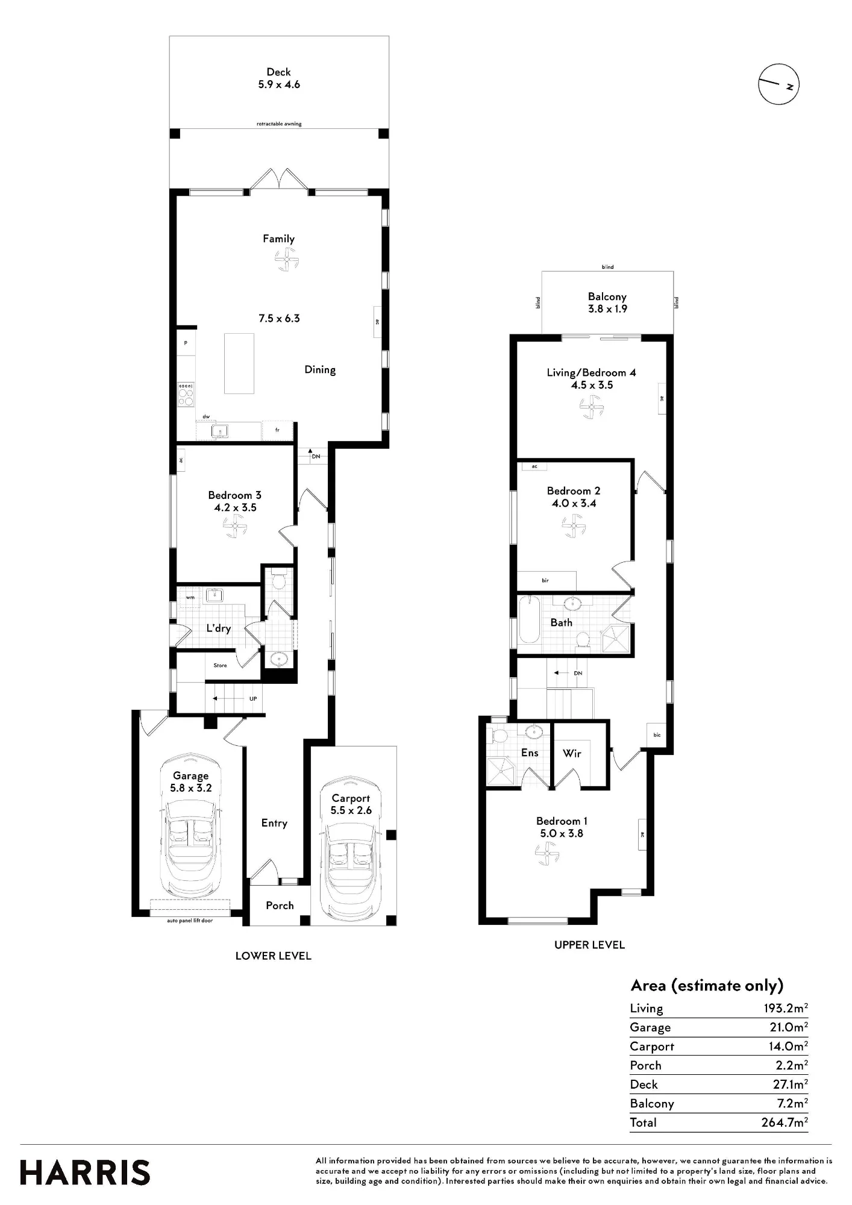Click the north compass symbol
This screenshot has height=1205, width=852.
click(x=778, y=84)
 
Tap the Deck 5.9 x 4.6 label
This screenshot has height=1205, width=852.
click(x=279, y=78)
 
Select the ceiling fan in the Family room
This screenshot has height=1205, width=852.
click(x=287, y=261)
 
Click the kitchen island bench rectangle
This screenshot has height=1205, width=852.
click(x=239, y=363)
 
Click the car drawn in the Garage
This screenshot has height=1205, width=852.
click(x=191, y=825)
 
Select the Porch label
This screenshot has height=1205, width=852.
click(x=280, y=906)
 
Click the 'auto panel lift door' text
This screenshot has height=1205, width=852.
click(x=190, y=921)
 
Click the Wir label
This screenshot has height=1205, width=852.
click(x=572, y=753)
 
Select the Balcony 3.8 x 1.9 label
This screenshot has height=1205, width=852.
click(x=607, y=302)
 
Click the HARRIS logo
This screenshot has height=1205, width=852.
click(x=85, y=1173)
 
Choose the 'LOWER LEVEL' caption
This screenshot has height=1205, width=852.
click(x=274, y=956)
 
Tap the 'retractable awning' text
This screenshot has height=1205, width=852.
click(x=279, y=124)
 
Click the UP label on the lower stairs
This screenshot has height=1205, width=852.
click(x=253, y=699)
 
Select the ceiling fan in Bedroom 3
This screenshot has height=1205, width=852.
click(x=236, y=528)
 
